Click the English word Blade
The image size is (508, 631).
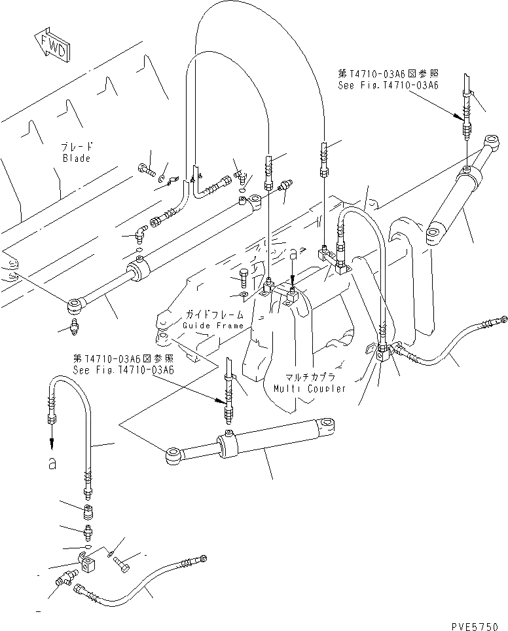[76, 159]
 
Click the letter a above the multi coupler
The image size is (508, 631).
[293, 252]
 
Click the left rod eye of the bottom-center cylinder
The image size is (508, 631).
[173, 455]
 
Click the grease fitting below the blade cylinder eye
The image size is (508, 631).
[75, 326]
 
